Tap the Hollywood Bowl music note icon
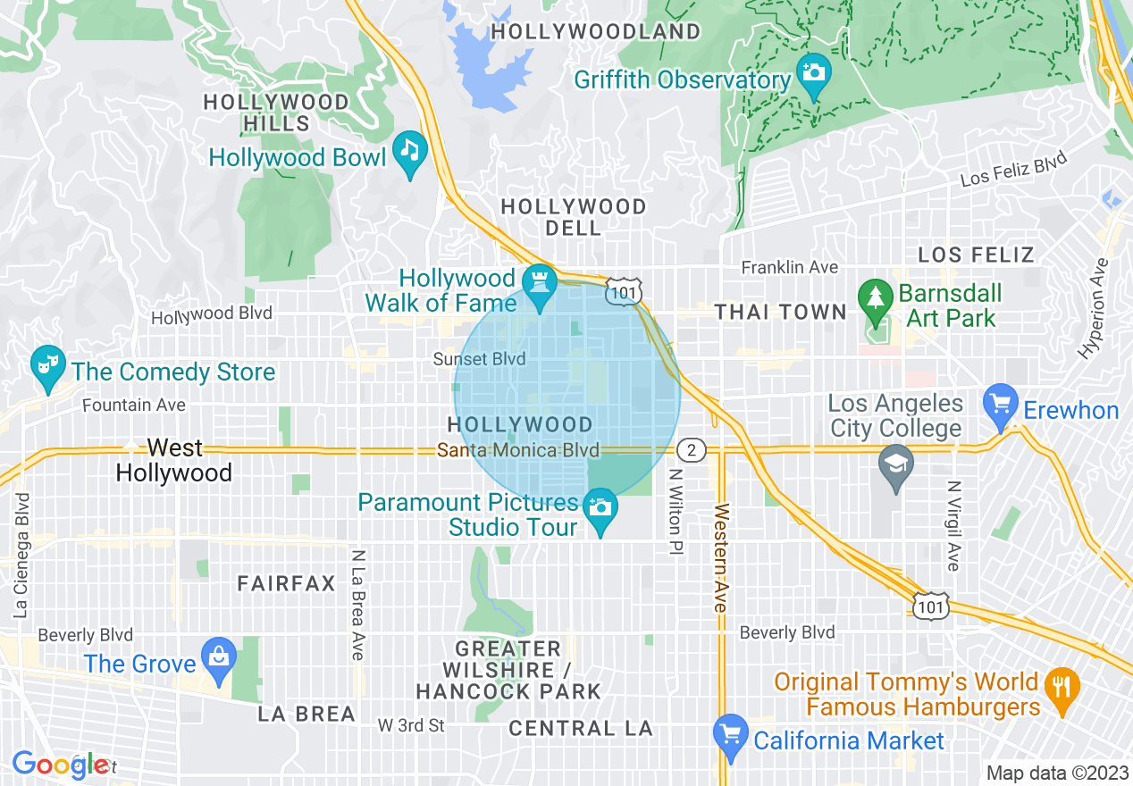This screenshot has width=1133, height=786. (410, 151)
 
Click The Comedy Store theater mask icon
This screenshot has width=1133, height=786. (46, 364)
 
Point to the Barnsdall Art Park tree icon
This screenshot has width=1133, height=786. (874, 297)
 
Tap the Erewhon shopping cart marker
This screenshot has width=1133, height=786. (1000, 403)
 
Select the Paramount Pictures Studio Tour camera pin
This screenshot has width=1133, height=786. (600, 508)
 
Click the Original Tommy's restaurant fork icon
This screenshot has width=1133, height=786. (1062, 687)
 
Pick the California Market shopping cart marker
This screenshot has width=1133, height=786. (731, 734)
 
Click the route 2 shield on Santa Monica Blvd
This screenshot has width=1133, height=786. (692, 449)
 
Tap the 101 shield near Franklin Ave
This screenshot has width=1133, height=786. (622, 290)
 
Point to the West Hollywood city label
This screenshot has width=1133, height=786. (174, 460)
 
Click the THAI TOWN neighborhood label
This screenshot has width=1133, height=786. (780, 312)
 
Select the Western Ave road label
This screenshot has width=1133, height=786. (721, 558)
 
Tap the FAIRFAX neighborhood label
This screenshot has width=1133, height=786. (286, 584)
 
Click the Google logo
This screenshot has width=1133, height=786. (59, 765)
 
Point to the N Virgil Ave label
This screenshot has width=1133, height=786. (954, 526)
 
